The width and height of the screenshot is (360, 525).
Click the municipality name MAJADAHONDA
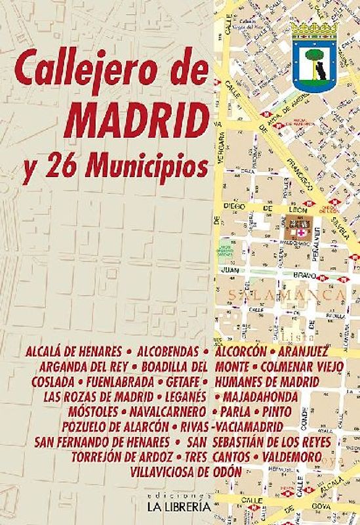click(260, 397)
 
